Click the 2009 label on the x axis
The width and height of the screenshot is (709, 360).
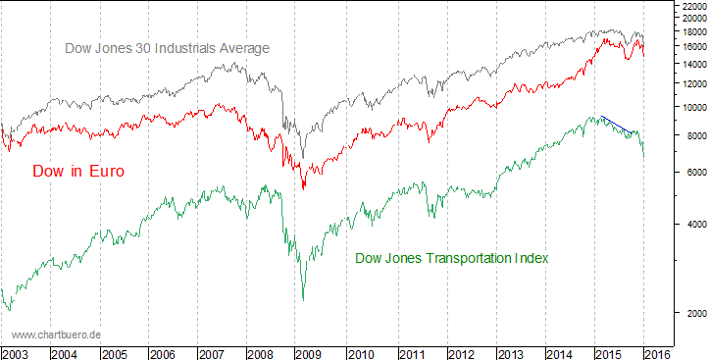pyautogui.click(x=309, y=352)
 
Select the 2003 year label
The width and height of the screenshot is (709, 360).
pyautogui.click(x=16, y=352)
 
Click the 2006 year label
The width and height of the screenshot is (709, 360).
pyautogui.click(x=163, y=352)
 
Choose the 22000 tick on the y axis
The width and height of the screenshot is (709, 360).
pyautogui.click(x=691, y=6)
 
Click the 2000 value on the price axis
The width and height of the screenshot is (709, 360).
pyautogui.click(x=689, y=313)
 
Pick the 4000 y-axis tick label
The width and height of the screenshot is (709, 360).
pyautogui.click(x=689, y=224)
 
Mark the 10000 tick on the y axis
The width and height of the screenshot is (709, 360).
pyautogui.click(x=691, y=107)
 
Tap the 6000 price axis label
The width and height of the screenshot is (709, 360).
pyautogui.click(x=689, y=172)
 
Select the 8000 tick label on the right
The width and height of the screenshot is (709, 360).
pyautogui.click(x=689, y=135)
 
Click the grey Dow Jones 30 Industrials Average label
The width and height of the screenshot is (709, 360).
pyautogui.click(x=167, y=48)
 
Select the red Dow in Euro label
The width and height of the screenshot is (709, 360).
pyautogui.click(x=78, y=172)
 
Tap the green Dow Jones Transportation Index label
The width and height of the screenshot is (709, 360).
pyautogui.click(x=450, y=258)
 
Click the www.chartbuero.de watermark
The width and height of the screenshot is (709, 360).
pyautogui.click(x=56, y=334)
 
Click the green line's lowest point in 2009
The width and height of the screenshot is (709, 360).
pyautogui.click(x=304, y=299)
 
